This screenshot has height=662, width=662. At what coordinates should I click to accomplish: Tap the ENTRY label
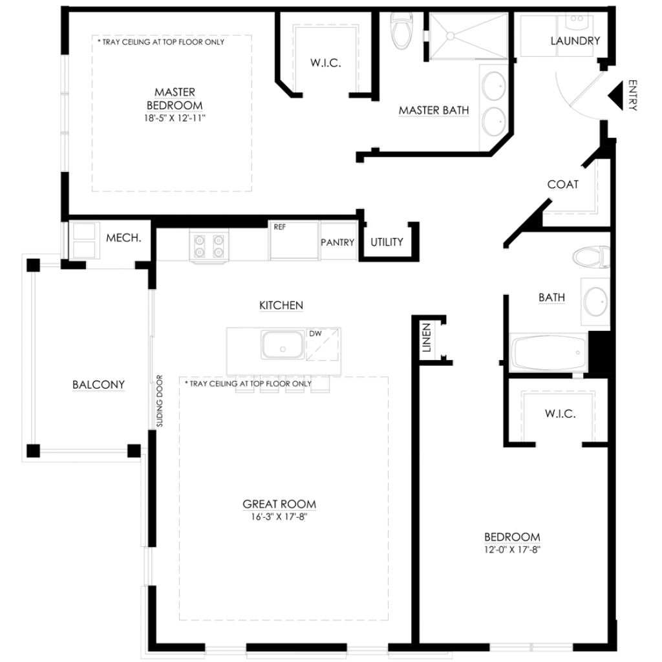coord(633,96)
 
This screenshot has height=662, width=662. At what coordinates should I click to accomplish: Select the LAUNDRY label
coord(575,41)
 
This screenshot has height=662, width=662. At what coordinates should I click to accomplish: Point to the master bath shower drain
coord(450,36)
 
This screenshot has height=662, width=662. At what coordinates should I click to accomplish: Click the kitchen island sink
coord(283,345)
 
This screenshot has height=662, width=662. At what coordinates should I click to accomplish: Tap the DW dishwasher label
coord(315,334)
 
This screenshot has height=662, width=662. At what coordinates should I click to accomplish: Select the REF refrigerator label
coord(279,227)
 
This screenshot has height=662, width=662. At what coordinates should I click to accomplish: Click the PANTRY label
coord(337,242)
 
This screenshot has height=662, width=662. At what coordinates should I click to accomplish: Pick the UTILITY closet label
coord(387,242)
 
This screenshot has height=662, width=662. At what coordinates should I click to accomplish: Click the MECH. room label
coord(123,238)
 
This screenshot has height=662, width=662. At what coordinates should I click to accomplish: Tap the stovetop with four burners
coord(209,246)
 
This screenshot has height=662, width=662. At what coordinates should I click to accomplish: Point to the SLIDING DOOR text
coord(160,401)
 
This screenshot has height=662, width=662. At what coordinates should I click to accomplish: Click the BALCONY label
coord(98,385)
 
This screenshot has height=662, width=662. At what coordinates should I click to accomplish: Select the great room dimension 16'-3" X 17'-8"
coord(279,517)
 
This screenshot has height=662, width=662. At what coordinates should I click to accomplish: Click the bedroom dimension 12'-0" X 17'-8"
coord(512,550)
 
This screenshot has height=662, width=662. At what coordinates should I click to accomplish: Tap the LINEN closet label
coord(427,337)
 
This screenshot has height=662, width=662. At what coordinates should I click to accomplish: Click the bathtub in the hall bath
coord(548,352)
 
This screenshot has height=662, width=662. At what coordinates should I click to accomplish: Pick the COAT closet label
coord(563,184)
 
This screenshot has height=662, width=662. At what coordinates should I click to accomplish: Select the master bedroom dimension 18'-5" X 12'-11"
coord(175,118)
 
